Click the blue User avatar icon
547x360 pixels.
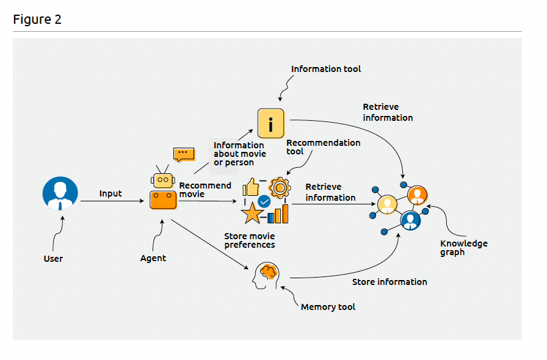(60, 193)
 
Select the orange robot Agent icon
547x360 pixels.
(163, 191)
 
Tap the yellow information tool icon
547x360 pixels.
(271, 124)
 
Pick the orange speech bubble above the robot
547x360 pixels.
(183, 154)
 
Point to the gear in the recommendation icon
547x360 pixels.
(280, 187)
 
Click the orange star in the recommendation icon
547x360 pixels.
(252, 212)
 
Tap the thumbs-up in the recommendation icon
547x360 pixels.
(252, 187)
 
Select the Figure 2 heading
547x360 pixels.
(37, 20)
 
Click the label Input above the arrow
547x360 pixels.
(110, 193)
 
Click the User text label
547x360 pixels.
(53, 259)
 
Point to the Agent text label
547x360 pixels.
(153, 258)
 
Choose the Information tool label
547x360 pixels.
(326, 69)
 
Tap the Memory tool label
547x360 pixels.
(328, 307)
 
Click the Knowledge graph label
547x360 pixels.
(464, 248)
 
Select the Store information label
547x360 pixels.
(389, 282)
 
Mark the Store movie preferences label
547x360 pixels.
(249, 240)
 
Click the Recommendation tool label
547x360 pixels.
(323, 147)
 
